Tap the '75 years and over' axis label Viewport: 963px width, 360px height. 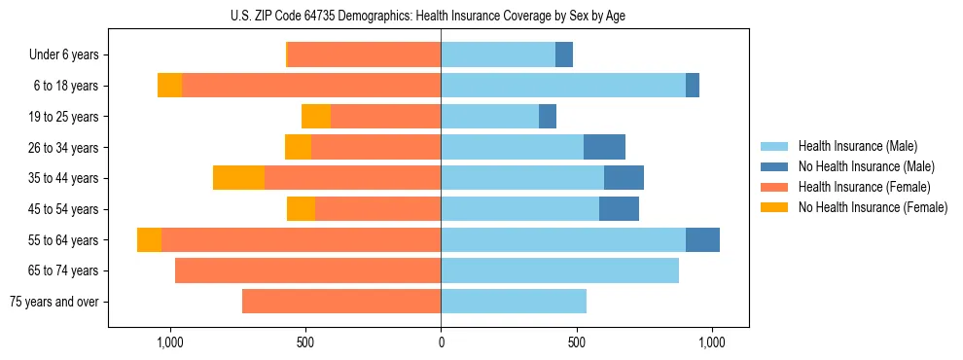click(x=53, y=302)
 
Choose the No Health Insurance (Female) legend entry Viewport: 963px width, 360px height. click(x=873, y=207)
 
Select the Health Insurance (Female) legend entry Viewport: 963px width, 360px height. click(x=865, y=187)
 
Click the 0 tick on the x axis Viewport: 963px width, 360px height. click(x=441, y=342)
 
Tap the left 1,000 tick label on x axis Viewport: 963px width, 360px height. click(x=170, y=342)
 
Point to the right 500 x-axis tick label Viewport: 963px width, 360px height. click(x=577, y=342)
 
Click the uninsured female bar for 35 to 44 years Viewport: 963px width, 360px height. click(x=238, y=178)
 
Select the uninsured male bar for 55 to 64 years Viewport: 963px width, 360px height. click(x=702, y=240)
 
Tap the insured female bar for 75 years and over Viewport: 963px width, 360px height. click(x=341, y=302)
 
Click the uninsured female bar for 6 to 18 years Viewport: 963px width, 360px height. click(x=169, y=86)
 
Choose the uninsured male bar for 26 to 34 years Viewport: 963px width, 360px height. click(x=604, y=148)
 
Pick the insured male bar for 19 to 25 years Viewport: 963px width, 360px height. click(x=489, y=117)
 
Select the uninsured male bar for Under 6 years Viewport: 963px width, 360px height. click(x=564, y=55)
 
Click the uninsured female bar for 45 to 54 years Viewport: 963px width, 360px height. click(x=301, y=209)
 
